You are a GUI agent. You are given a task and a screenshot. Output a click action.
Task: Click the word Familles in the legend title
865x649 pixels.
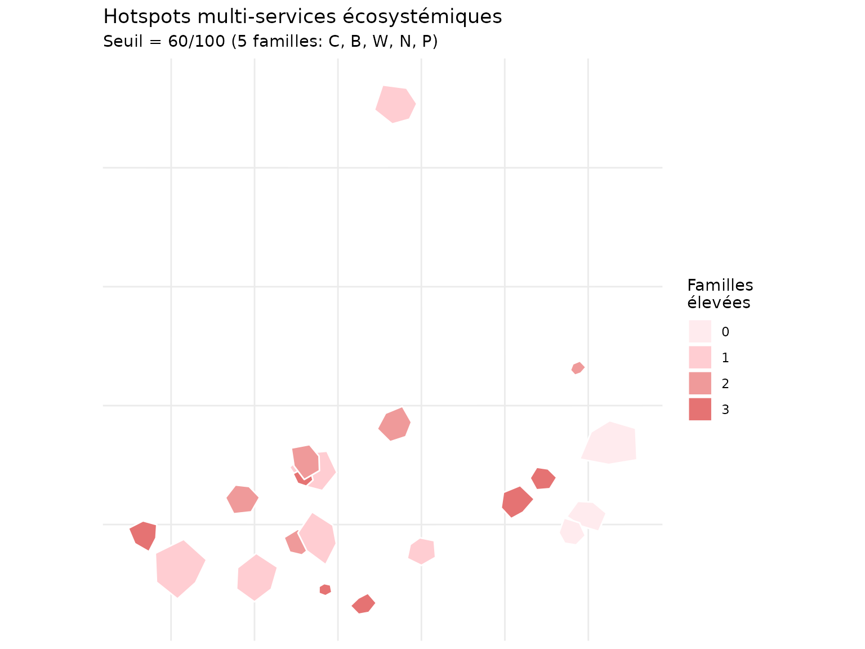click(x=720, y=285)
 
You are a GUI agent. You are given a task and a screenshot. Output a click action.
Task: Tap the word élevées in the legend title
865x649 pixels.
click(x=719, y=303)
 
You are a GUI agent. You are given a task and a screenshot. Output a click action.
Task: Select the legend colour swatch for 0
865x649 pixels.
click(x=699, y=331)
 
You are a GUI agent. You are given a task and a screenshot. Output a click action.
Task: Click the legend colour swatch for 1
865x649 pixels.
click(x=699, y=357)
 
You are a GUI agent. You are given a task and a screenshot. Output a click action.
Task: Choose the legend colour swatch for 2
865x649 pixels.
click(x=699, y=383)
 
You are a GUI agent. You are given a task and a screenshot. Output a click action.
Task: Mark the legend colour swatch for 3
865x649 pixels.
click(x=699, y=409)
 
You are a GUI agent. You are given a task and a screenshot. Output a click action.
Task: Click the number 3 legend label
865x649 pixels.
click(x=725, y=410)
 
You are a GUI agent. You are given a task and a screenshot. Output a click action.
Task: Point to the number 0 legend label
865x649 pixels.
click(x=725, y=332)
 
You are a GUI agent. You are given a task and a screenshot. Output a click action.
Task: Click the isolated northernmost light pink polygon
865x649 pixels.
click(x=395, y=104)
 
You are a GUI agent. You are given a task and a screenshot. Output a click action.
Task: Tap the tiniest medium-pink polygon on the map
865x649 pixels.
click(x=578, y=368)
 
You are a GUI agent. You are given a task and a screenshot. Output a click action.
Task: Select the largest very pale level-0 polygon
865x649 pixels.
click(x=610, y=443)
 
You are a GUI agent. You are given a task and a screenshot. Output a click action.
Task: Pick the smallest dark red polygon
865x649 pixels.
click(x=325, y=589)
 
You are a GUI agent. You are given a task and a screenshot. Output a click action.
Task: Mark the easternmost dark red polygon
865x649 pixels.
click(x=543, y=478)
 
